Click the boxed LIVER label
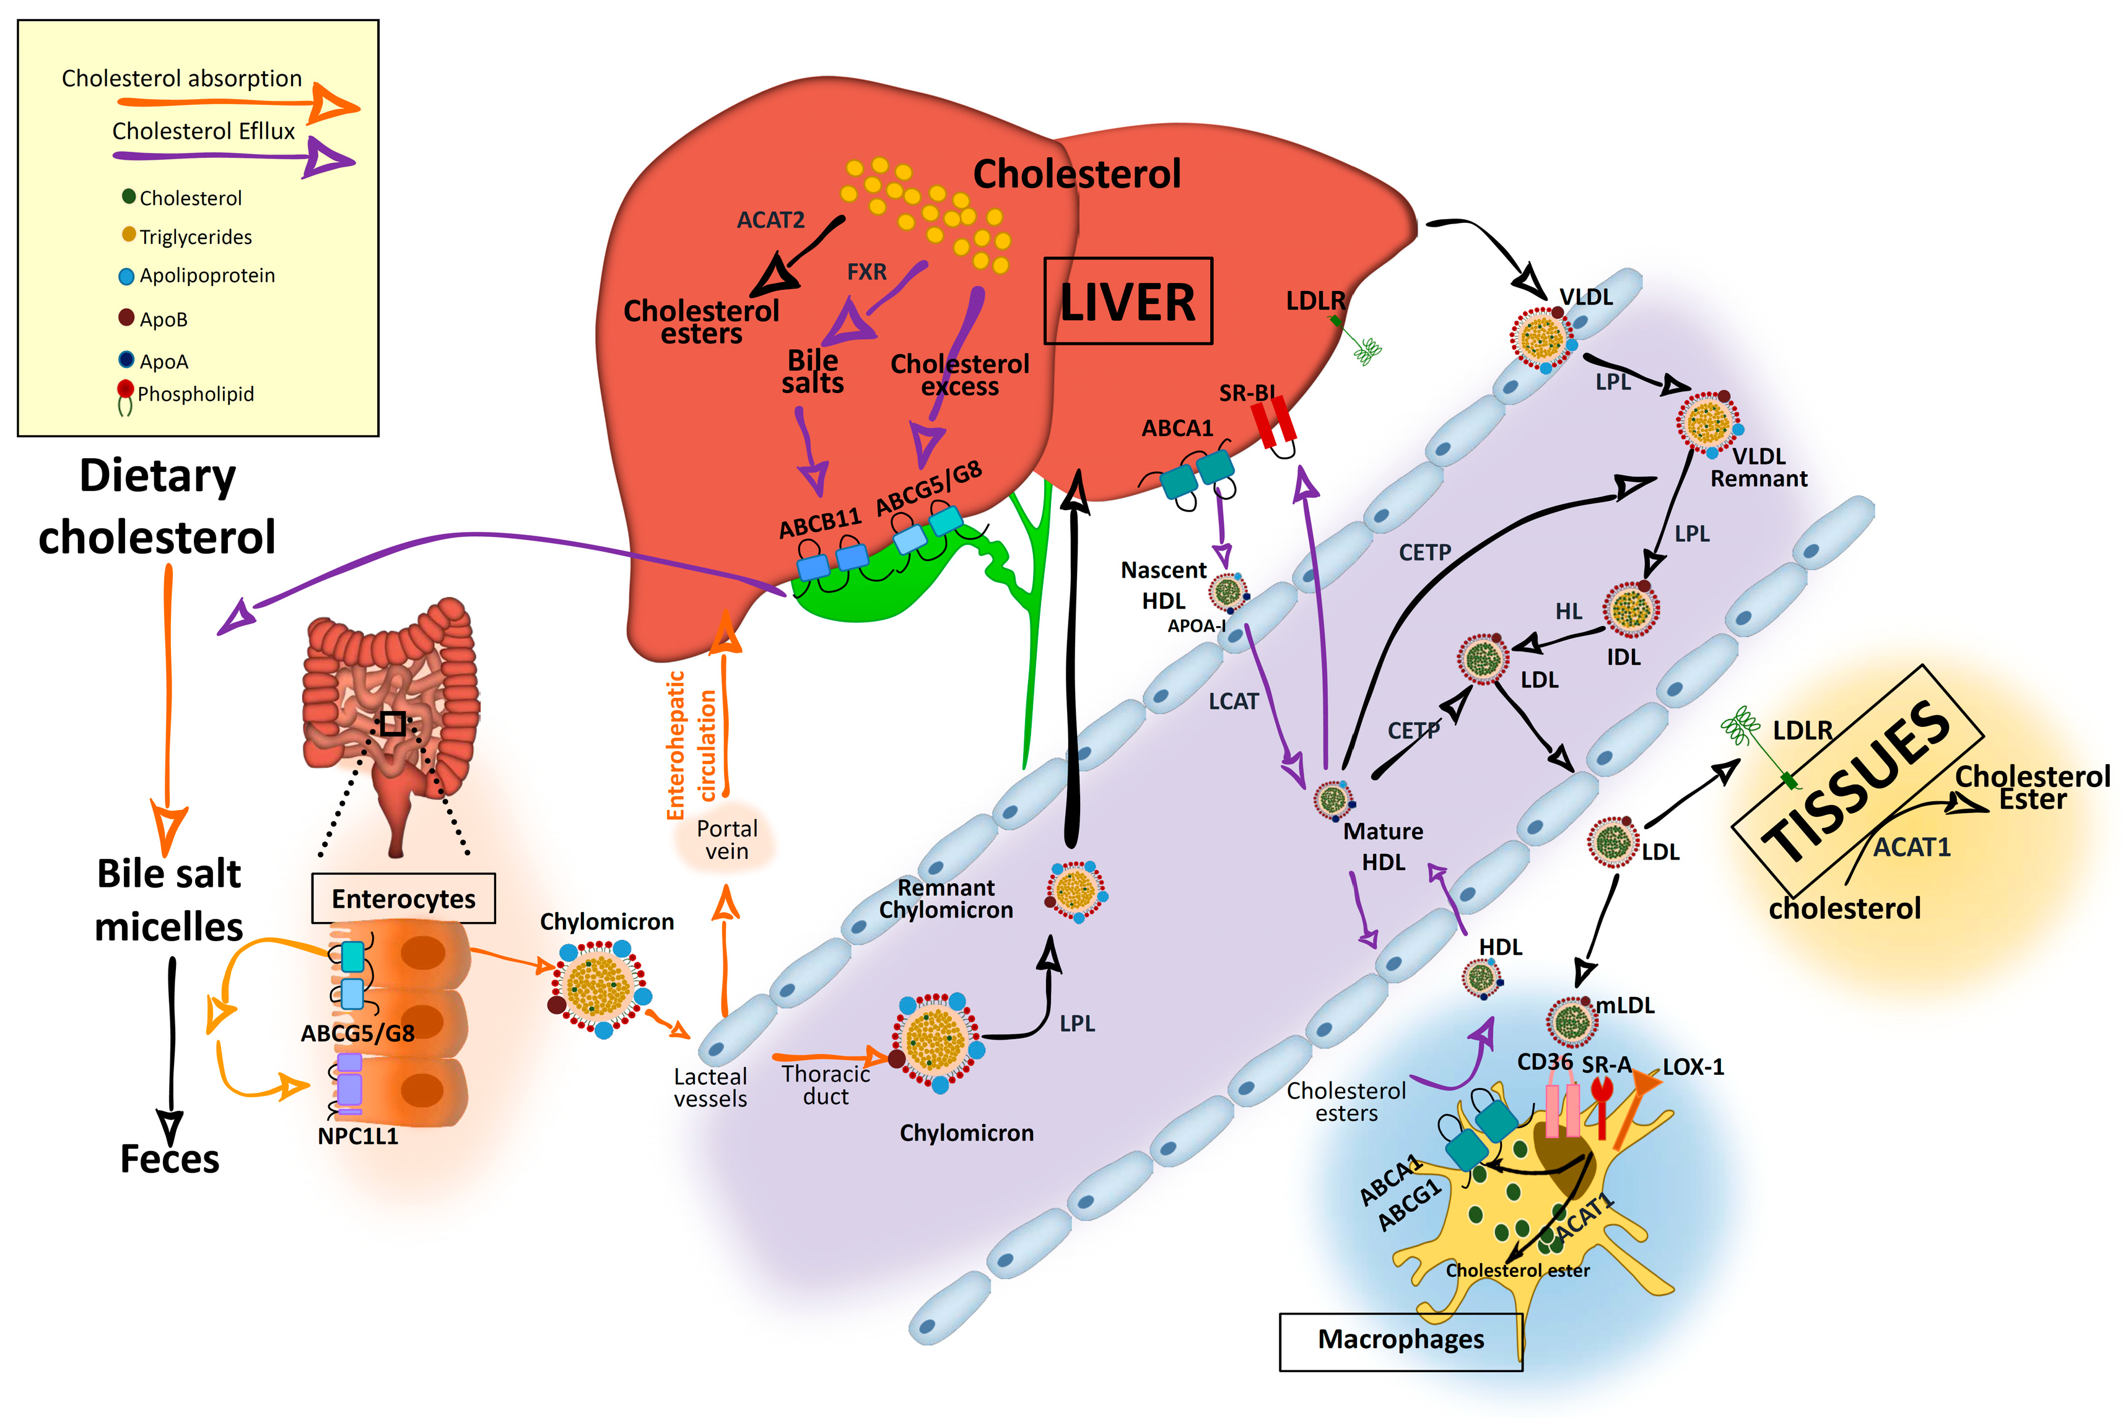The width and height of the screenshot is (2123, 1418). (1127, 301)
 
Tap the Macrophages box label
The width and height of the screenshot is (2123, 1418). (1400, 1339)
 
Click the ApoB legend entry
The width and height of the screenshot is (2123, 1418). (163, 320)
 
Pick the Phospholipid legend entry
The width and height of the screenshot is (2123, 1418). (194, 394)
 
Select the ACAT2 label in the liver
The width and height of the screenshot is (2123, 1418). (770, 220)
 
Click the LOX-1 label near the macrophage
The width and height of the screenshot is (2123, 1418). (1693, 1067)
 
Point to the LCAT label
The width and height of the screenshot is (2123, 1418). (1233, 702)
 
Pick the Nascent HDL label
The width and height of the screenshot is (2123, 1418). (1163, 585)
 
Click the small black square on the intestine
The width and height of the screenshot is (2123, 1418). (391, 723)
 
